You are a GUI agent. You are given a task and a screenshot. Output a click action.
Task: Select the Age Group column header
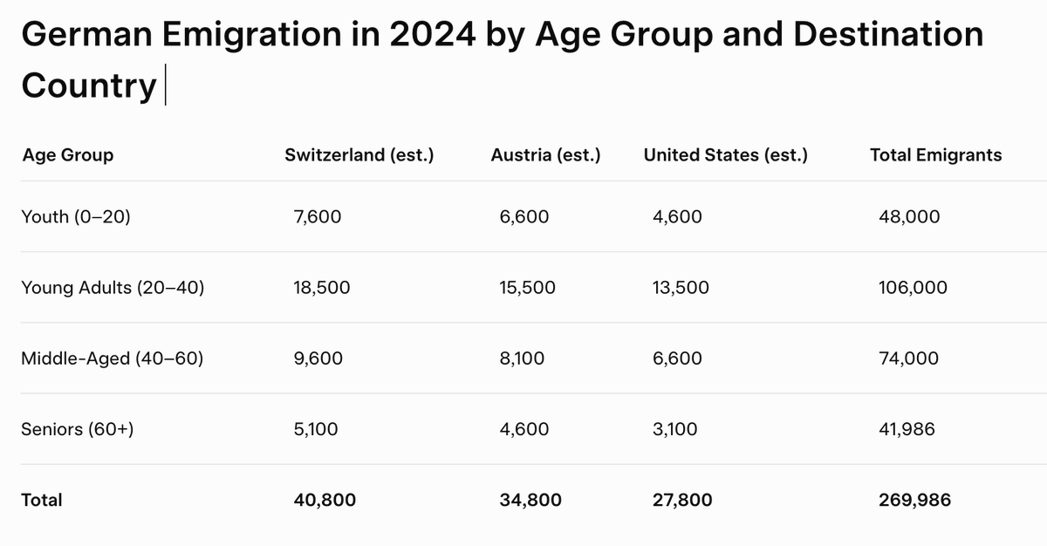click(67, 155)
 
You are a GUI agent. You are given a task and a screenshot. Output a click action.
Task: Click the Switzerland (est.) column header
click(359, 155)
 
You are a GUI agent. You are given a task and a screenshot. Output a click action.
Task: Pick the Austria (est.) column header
click(545, 155)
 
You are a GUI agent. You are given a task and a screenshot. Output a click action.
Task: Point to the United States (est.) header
click(725, 155)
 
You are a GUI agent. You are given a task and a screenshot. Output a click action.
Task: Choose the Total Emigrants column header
click(935, 155)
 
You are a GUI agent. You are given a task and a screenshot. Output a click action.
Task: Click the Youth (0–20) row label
click(75, 216)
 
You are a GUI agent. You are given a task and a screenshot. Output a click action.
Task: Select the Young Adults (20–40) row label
click(113, 287)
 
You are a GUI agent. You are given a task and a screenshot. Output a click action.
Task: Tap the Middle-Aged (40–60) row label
click(112, 358)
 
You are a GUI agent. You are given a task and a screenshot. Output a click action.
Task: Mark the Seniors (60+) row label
click(77, 429)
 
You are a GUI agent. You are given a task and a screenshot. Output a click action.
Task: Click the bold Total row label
click(42, 500)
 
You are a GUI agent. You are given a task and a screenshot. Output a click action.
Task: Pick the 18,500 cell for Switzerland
click(322, 287)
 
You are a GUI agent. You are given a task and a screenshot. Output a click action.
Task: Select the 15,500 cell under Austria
click(527, 287)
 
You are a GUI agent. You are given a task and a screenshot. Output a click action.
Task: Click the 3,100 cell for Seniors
click(674, 429)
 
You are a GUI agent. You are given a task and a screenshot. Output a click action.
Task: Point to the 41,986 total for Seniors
click(909, 429)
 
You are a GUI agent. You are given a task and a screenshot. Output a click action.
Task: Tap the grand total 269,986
click(914, 500)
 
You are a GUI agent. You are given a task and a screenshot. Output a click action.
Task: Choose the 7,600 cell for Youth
click(318, 216)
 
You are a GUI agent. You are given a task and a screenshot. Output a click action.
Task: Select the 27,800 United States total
click(681, 500)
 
